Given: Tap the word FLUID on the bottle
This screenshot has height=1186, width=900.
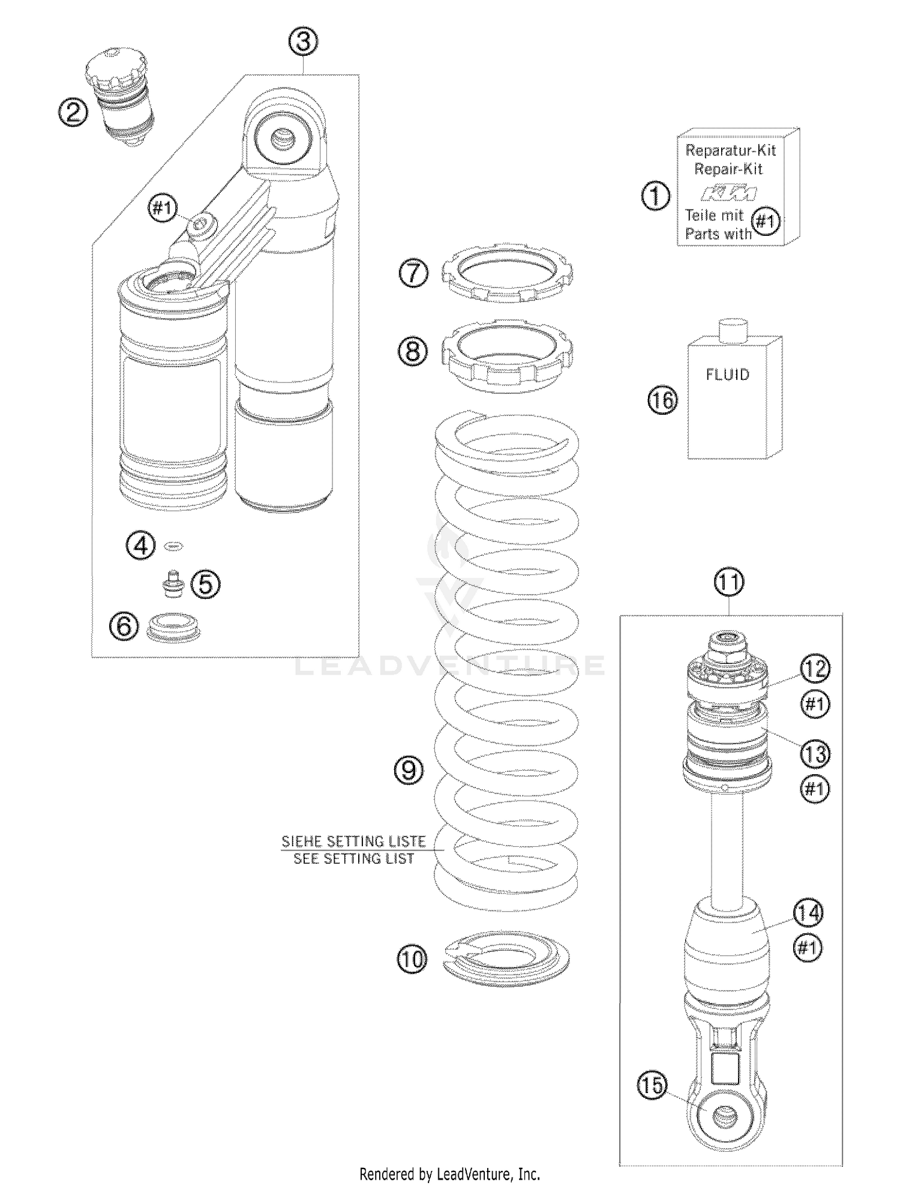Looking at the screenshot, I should pos(727,375).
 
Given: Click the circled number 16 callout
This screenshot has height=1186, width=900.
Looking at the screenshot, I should pos(662,400).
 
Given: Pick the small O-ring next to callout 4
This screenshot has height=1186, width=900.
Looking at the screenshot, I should pos(174,546).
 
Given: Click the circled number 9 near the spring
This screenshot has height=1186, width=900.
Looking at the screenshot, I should pos(409,769).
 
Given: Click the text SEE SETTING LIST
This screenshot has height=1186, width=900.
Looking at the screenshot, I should pos(354,859).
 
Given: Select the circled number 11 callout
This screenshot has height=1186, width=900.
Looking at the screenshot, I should pos(729,582).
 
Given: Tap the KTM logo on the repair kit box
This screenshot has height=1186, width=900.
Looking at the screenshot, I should pos(730,193).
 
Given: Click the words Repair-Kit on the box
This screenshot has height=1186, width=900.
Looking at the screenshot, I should pos(728,169).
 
